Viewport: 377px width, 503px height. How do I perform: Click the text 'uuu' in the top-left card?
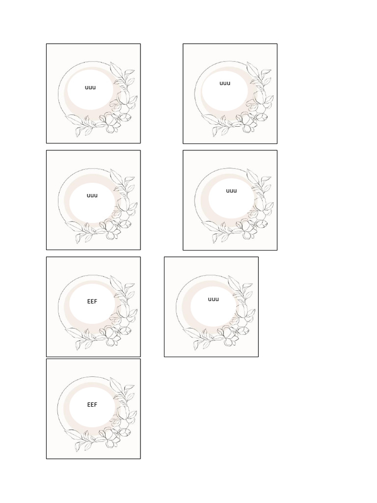coord(90,87)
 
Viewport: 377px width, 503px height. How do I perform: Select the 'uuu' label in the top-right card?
coord(225,83)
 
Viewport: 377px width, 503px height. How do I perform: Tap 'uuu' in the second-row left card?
coord(92,195)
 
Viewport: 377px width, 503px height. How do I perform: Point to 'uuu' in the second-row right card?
coord(231,191)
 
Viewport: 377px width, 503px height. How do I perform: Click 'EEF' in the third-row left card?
coord(92,302)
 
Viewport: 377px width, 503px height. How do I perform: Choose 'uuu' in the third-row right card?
coord(213,299)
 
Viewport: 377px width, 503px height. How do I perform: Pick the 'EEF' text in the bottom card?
coord(92,405)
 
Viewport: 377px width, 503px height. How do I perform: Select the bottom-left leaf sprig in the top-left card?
coord(81,125)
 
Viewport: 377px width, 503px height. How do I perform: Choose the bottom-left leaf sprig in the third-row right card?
coord(199,338)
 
